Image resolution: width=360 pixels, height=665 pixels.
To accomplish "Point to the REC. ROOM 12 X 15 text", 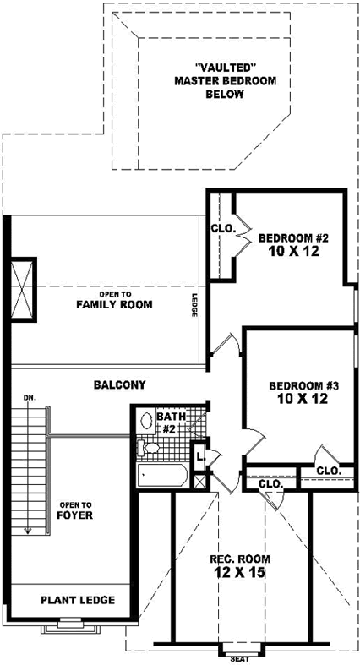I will (x=239, y=565).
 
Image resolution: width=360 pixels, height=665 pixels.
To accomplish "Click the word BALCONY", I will (x=119, y=384).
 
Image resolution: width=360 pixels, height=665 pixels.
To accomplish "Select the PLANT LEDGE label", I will (x=77, y=601).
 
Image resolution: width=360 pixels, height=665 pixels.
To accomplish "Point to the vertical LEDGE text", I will (x=194, y=305).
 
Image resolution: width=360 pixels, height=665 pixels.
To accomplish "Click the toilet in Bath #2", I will (x=150, y=446).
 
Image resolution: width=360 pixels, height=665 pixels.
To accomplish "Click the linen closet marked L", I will (x=199, y=457).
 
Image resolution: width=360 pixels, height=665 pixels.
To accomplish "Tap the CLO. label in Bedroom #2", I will (x=222, y=228).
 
